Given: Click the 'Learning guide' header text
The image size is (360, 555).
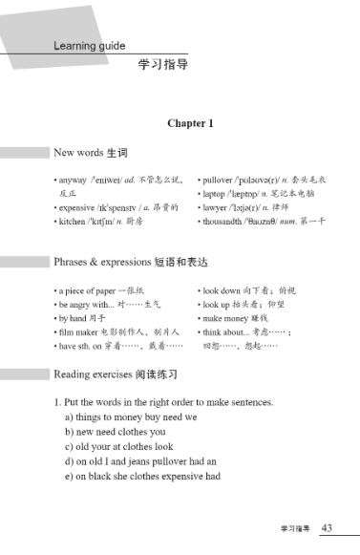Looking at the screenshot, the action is point(90,45).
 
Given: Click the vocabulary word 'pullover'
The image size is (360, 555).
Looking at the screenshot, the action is point(219,179).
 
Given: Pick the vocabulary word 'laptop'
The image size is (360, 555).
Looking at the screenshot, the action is point(215,193).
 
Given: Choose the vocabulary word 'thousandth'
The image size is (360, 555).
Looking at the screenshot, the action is point(225,221).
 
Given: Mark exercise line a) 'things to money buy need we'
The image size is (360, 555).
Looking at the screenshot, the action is point(131,417).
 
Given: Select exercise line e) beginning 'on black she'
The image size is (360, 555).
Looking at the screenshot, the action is point(142,476).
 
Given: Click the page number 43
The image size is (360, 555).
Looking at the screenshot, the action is point(327,526).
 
